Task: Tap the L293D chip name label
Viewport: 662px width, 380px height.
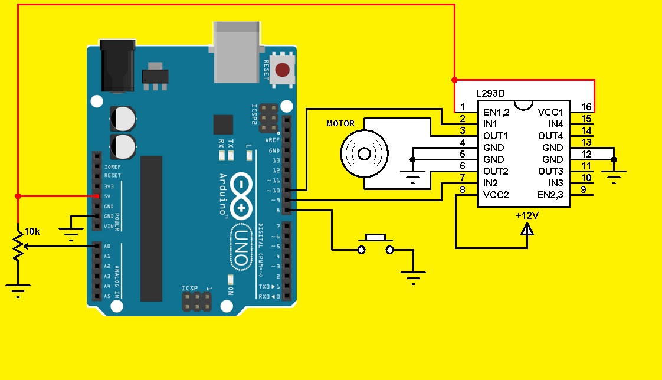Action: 490,93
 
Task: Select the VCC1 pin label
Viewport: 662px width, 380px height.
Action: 550,112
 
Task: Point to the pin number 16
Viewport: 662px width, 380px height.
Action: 585,107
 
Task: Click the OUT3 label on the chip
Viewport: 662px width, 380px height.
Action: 550,171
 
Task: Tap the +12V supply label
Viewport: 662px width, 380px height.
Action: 527,215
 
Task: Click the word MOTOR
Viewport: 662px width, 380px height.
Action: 340,123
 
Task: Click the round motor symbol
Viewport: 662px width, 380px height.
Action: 364,154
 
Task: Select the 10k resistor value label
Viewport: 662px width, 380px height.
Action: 32,232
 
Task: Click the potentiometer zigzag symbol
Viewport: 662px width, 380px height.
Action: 18,247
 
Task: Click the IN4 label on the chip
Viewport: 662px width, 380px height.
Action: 555,124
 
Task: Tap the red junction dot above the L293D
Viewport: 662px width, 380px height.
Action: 454,80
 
